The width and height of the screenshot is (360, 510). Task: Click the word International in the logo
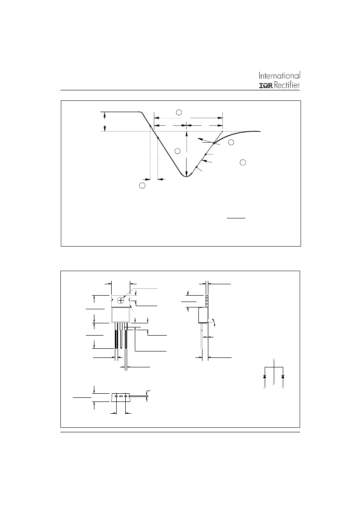click(279, 75)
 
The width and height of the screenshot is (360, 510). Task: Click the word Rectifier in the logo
click(287, 85)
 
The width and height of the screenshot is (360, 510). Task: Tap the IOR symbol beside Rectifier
click(266, 86)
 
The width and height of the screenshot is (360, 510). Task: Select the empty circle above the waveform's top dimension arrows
click(179, 113)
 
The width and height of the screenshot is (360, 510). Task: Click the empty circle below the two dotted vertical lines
click(142, 185)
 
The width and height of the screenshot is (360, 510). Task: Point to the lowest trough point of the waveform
click(186, 176)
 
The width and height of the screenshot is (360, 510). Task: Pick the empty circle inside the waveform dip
click(177, 151)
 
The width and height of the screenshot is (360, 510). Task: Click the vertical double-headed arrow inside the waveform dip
click(186, 153)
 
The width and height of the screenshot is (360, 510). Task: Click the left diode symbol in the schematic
click(265, 376)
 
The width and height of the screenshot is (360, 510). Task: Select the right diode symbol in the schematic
click(283, 376)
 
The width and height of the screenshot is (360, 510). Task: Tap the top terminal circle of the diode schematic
click(274, 360)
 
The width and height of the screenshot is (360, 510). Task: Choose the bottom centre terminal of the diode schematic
click(274, 385)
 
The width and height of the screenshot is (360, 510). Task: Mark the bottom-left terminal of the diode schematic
click(265, 388)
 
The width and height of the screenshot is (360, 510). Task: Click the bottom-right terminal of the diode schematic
click(283, 388)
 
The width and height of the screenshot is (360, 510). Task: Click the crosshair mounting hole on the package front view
click(121, 300)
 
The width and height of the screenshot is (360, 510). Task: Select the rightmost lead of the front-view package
click(126, 336)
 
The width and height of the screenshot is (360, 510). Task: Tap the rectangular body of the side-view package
click(203, 315)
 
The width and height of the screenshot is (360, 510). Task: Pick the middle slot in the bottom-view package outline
click(120, 396)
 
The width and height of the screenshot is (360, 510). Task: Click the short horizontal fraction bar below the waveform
click(236, 218)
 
